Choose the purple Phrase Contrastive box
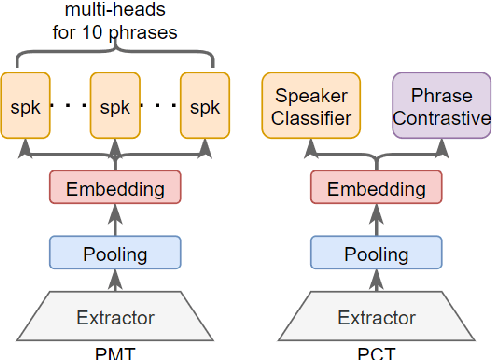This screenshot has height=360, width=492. pyautogui.click(x=441, y=105)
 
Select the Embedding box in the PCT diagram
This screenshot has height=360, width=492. pyautogui.click(x=375, y=187)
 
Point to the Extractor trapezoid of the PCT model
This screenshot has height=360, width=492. pyautogui.click(x=375, y=318)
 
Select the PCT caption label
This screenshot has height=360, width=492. pyautogui.click(x=375, y=352)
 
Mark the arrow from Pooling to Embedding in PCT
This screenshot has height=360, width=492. pyautogui.click(x=375, y=219)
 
